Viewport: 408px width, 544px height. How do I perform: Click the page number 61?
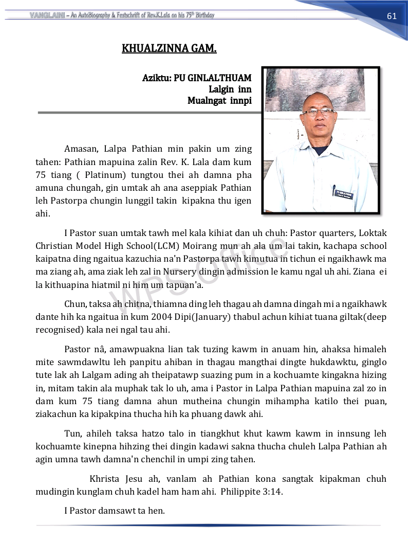coord(392,16)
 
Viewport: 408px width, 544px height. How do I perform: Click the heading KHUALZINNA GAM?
coord(169,49)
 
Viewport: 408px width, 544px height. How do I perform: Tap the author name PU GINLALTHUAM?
coord(213,78)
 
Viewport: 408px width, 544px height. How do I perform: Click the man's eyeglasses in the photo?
coord(318,111)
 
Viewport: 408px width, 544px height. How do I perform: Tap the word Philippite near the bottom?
coord(240,491)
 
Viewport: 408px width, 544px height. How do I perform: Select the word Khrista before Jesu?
coord(105,479)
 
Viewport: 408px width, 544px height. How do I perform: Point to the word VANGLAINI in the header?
coord(47,15)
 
